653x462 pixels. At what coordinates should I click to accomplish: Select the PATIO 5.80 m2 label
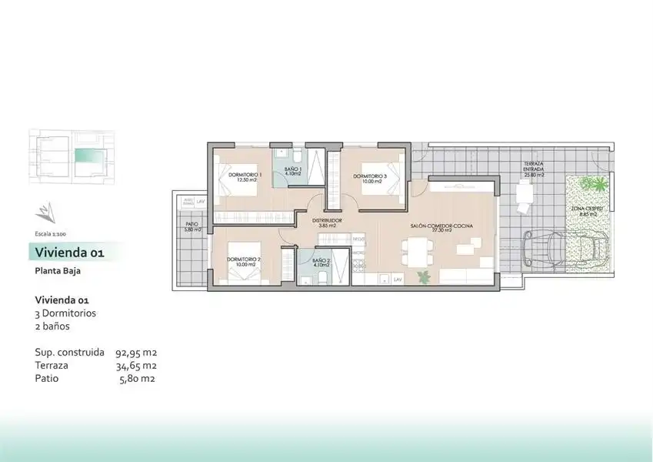point(191,228)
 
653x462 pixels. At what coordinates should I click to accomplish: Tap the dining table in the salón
point(417,249)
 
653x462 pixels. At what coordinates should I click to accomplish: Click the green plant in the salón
point(422,276)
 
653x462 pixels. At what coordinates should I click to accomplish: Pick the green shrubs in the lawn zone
point(592,185)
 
